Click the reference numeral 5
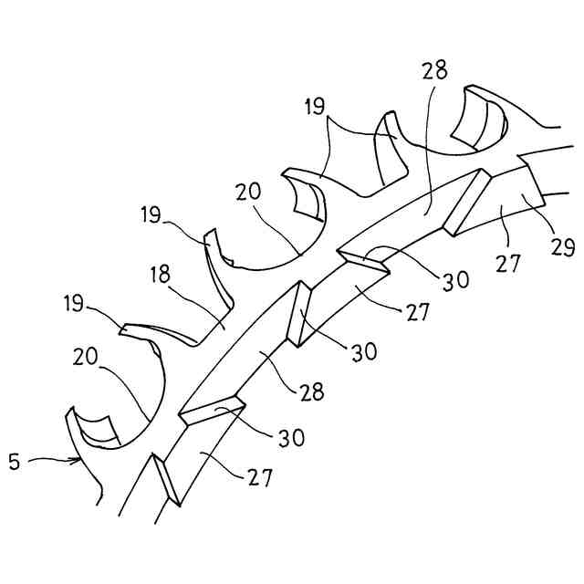[x=15, y=462]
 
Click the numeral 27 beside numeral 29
[x=508, y=264]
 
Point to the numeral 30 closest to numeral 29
[x=455, y=279]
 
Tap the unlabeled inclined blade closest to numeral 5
[x=168, y=480]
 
